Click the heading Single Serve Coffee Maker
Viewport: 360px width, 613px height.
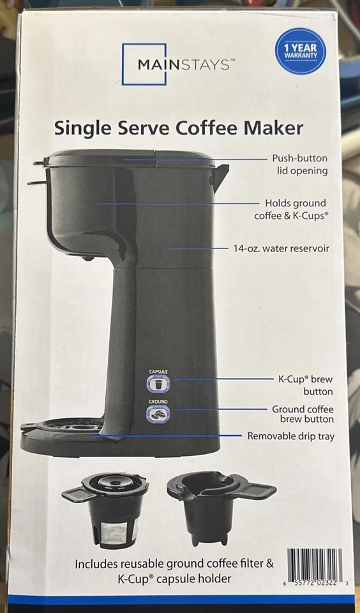pyautogui.click(x=179, y=128)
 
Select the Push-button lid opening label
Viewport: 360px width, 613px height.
pyautogui.click(x=299, y=164)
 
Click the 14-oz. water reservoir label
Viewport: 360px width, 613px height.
pyautogui.click(x=281, y=248)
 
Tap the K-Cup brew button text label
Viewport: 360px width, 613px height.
pyautogui.click(x=305, y=385)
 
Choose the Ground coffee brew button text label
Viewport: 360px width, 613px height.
pyautogui.click(x=303, y=414)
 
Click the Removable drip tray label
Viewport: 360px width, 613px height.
pyautogui.click(x=290, y=437)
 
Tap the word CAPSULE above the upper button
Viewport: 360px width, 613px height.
pyautogui.click(x=158, y=371)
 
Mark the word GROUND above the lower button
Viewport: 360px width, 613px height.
pyautogui.click(x=158, y=401)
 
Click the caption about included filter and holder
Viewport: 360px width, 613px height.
pyautogui.click(x=174, y=571)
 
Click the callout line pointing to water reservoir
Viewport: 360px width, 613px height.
pyautogui.click(x=198, y=248)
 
